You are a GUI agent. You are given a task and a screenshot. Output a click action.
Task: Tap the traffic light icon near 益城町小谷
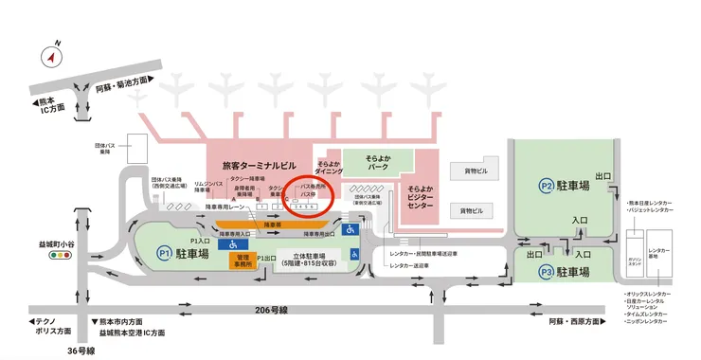pyautogui.click(x=63, y=256)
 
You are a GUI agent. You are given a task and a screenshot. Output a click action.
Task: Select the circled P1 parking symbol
pyautogui.click(x=164, y=253)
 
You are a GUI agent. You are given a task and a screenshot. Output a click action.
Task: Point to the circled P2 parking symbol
pyautogui.click(x=547, y=186)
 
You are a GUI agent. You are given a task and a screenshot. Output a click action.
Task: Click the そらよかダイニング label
pyautogui.click(x=329, y=169)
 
